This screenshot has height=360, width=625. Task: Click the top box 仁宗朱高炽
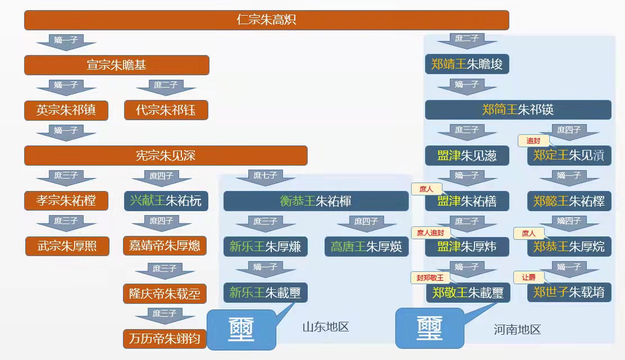click(266, 20)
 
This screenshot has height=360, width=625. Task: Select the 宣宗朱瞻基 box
click(116, 65)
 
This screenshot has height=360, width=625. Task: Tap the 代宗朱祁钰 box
click(166, 110)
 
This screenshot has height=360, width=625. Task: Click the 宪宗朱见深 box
click(166, 156)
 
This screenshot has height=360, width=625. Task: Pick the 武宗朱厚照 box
click(67, 246)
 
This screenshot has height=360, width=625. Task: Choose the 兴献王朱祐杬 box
click(166, 201)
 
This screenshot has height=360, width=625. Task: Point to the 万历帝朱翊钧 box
click(165, 339)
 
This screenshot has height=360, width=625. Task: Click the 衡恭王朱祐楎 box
click(316, 201)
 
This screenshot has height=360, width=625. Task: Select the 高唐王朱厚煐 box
click(366, 246)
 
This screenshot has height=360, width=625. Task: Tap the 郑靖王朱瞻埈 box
click(467, 65)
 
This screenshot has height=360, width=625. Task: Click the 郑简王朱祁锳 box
click(518, 110)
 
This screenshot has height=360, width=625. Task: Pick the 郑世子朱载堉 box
click(569, 292)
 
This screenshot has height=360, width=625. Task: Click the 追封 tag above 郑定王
click(533, 141)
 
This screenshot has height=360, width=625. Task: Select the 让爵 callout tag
click(528, 277)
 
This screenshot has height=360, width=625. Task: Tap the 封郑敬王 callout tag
click(430, 278)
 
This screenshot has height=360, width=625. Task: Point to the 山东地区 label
click(326, 326)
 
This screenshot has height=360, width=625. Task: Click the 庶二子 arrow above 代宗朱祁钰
click(166, 87)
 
